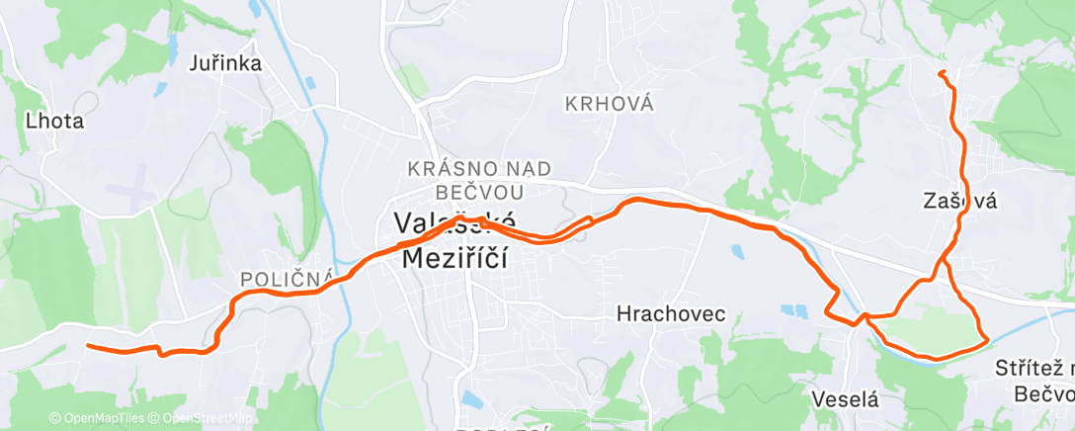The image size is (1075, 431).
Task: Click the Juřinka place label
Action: tap(224, 64)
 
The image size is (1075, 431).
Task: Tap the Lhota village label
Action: tap(54, 123)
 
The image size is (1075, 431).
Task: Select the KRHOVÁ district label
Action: tap(610, 104)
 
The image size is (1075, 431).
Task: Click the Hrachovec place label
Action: tap(670, 314)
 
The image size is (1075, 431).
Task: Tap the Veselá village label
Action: tap(845, 399)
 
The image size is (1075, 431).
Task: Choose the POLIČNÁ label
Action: tap(287, 280)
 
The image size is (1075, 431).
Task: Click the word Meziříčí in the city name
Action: tap(455, 258)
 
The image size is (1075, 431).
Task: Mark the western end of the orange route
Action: tap(88, 345)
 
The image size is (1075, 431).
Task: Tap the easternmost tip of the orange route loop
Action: tap(987, 340)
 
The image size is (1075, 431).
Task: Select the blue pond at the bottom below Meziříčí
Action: tap(470, 400)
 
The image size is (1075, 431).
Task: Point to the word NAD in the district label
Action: tap(527, 169)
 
